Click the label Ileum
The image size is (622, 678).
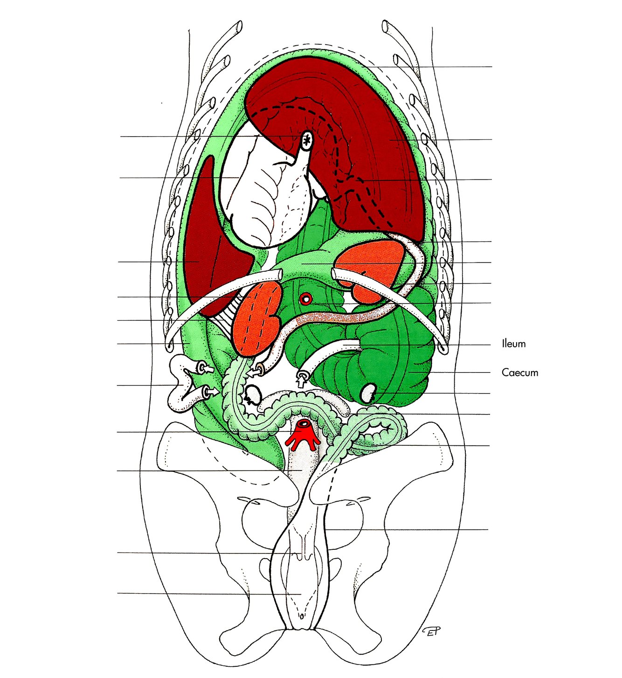tap(513, 344)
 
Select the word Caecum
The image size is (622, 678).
tap(519, 373)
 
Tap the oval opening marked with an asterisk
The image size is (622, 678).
tap(307, 139)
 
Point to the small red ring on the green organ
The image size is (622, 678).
tap(306, 299)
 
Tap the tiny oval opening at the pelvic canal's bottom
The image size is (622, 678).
tap(301, 616)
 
